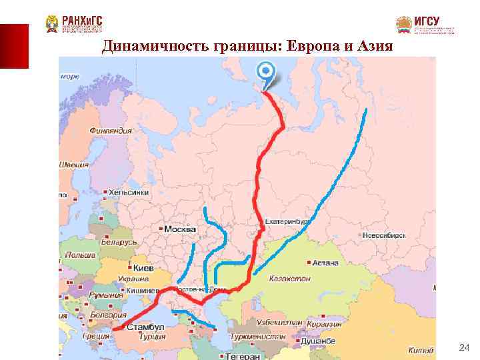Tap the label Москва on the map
(180, 229)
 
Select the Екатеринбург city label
(287, 221)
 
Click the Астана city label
(326, 263)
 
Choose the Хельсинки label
(129, 192)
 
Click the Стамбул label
(147, 328)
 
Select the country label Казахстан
(291, 278)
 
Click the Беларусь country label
(120, 243)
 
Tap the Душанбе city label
(318, 341)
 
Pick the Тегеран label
(243, 356)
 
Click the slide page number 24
(465, 347)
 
